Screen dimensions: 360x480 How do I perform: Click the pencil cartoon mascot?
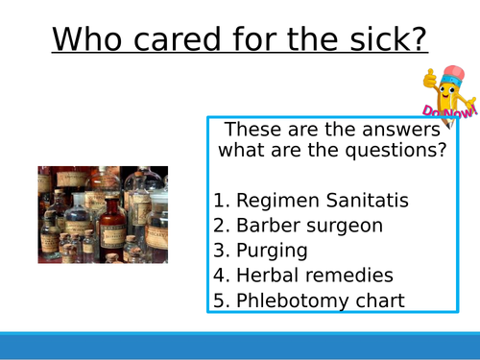tap(446, 93)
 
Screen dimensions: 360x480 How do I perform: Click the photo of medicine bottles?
tap(103, 215)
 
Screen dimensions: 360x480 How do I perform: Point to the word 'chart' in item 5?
tap(380, 300)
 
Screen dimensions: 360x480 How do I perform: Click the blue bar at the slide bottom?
tap(240, 345)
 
